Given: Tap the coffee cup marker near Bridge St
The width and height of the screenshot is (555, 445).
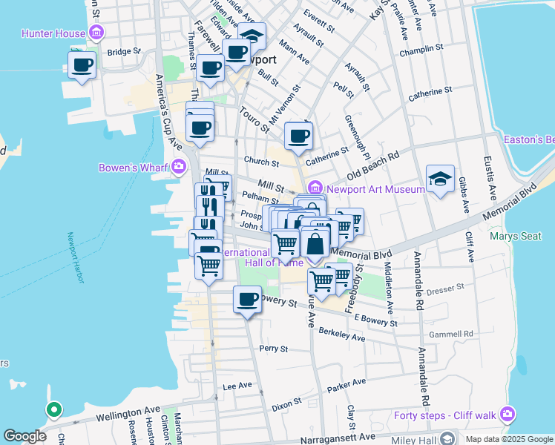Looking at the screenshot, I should coord(82,64).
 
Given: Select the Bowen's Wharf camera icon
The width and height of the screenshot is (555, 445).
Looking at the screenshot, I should coord(178,167).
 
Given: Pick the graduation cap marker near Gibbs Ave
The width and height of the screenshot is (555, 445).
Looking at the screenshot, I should coord(440,179).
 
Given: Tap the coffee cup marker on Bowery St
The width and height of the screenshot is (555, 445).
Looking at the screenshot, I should coord(247,300).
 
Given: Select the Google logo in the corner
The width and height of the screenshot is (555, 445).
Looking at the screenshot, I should coord(24,436).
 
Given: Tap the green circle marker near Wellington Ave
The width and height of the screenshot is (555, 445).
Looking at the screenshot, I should coord(53,409).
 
